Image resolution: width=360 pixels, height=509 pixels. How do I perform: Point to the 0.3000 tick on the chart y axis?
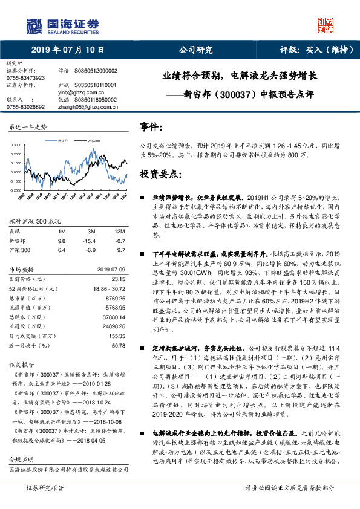coord(18,146)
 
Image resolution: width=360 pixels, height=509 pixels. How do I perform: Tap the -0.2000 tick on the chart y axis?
coord(18,189)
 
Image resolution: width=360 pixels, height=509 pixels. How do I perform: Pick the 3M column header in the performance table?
coord(92,232)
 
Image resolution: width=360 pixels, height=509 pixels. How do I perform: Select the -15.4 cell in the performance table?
coord(92,241)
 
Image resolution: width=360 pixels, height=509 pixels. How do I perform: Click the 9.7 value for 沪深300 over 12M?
coord(120,249)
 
